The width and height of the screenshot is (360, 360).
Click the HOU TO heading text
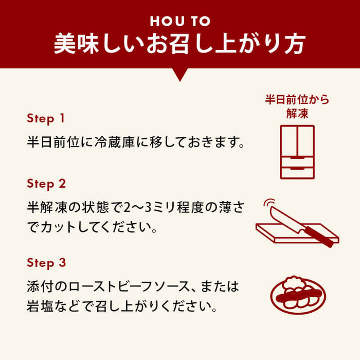click(x=180, y=21)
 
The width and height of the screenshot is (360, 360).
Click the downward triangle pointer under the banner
click(x=180, y=75)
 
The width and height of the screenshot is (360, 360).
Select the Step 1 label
click(x=46, y=118)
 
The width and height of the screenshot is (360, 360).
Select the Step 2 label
click(x=46, y=184)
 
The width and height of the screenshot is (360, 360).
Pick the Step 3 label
click(x=46, y=263)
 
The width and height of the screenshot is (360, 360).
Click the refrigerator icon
click(x=297, y=152)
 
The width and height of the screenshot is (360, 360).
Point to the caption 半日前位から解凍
click(x=297, y=106)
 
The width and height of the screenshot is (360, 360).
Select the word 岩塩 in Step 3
click(x=39, y=308)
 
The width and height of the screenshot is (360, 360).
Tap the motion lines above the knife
click(x=267, y=206)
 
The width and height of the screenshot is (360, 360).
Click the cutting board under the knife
click(x=288, y=235)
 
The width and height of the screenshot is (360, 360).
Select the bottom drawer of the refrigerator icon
click(x=297, y=170)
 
